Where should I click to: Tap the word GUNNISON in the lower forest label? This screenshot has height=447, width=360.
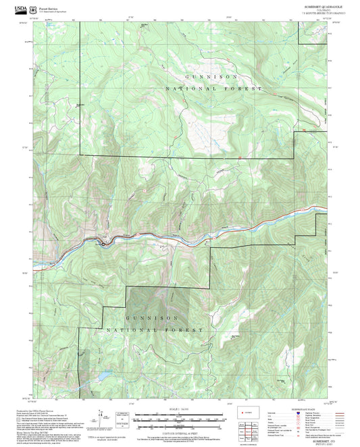152,317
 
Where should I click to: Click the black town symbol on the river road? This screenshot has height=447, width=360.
101,241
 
